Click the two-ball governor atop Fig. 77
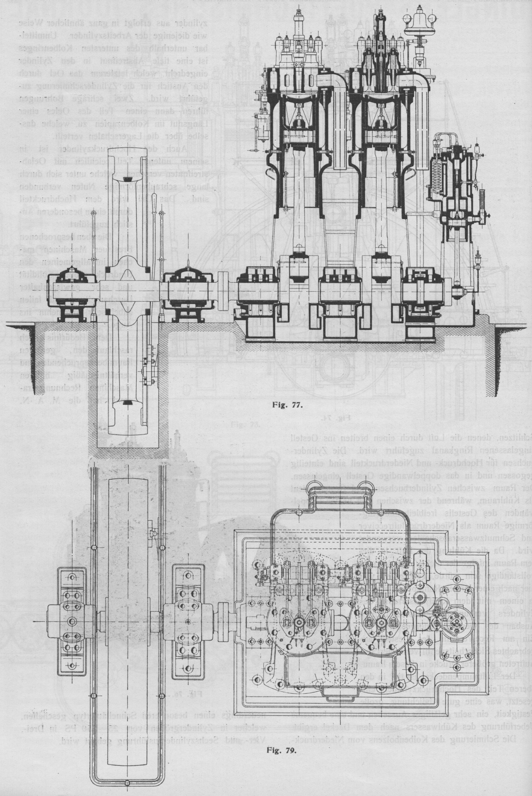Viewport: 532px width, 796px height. point(417,20)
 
